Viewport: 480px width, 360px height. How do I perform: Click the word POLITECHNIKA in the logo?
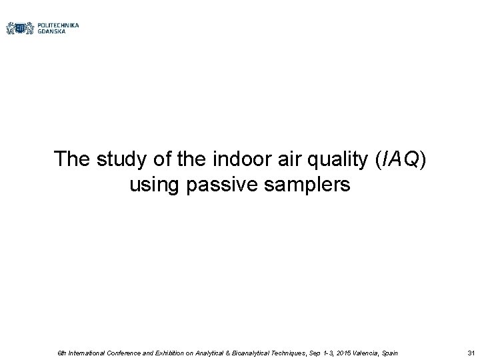point(59,25)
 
